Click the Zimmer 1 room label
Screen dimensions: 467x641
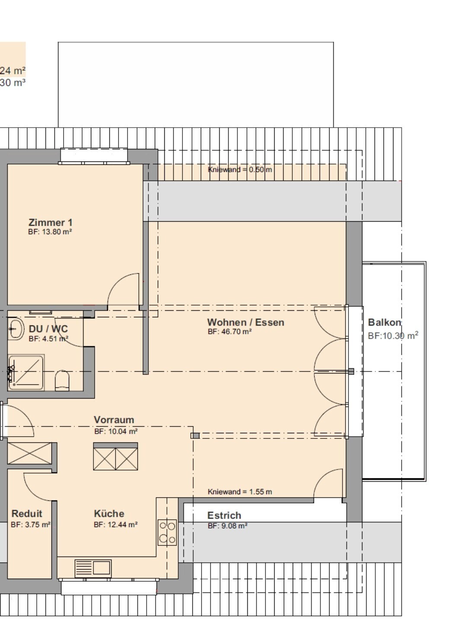pyautogui.click(x=50, y=222)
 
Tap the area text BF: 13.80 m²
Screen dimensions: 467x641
pyautogui.click(x=50, y=232)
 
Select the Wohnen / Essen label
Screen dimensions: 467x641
pyautogui.click(x=246, y=322)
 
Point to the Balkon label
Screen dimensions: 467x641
pyautogui.click(x=384, y=322)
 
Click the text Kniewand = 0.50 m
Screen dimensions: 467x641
pyautogui.click(x=240, y=169)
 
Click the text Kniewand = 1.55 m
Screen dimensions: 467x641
pyautogui.click(x=240, y=492)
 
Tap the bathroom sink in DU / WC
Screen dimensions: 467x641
pyautogui.click(x=16, y=329)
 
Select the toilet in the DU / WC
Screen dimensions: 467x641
pyautogui.click(x=62, y=380)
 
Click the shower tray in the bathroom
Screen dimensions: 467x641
pyautogui.click(x=26, y=372)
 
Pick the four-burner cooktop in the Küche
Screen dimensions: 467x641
pyautogui.click(x=167, y=532)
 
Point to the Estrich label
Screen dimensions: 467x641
pyautogui.click(x=224, y=515)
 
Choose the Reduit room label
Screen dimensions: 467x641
pyautogui.click(x=27, y=513)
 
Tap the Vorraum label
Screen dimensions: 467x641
pyautogui.click(x=114, y=419)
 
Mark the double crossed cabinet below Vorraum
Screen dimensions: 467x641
pyautogui.click(x=115, y=457)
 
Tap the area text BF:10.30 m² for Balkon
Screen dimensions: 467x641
pyautogui.click(x=393, y=335)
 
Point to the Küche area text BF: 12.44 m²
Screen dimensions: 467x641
pyautogui.click(x=115, y=524)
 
